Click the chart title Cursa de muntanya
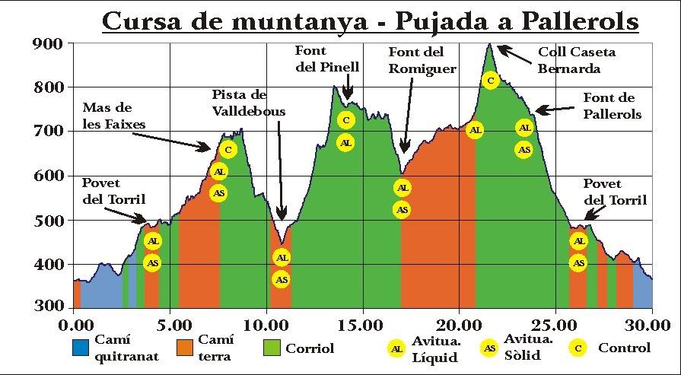(369, 21)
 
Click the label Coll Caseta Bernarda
(576, 60)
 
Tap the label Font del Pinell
(326, 59)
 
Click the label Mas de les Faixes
(114, 116)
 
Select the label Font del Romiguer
(422, 60)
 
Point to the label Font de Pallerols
(612, 106)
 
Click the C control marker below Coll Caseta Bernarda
(491, 80)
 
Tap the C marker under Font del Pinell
(345, 120)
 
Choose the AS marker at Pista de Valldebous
(282, 279)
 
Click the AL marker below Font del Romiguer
(403, 188)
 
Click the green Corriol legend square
(272, 348)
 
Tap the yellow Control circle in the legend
(578, 348)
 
